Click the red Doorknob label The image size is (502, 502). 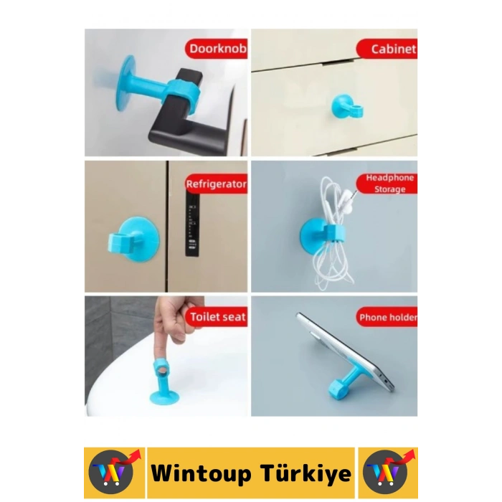[x=217, y=49]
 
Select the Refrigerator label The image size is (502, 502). [x=216, y=184]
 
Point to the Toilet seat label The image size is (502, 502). [x=217, y=316]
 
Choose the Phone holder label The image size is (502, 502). [x=387, y=317]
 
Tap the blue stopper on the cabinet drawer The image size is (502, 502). [x=346, y=108]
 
